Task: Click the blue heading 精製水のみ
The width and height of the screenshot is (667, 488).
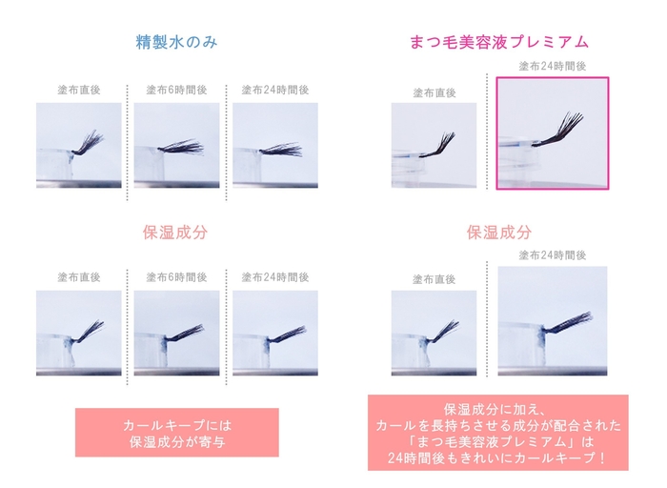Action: [x=176, y=42]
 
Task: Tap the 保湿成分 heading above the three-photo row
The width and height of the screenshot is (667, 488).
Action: [x=176, y=232]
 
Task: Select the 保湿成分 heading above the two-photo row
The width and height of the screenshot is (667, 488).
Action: [x=498, y=232]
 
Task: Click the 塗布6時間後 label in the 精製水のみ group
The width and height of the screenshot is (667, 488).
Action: [x=176, y=91]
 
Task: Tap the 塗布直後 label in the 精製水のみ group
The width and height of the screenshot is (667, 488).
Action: [x=78, y=91]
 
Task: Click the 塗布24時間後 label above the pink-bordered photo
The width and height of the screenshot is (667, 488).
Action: [x=552, y=66]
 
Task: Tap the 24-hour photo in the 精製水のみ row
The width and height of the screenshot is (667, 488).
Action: [x=275, y=145]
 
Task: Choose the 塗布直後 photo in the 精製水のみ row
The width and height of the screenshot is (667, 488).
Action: [x=79, y=145]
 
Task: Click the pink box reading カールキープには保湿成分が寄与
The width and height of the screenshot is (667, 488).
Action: [x=177, y=433]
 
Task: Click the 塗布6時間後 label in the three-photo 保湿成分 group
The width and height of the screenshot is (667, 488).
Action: [x=176, y=277]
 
